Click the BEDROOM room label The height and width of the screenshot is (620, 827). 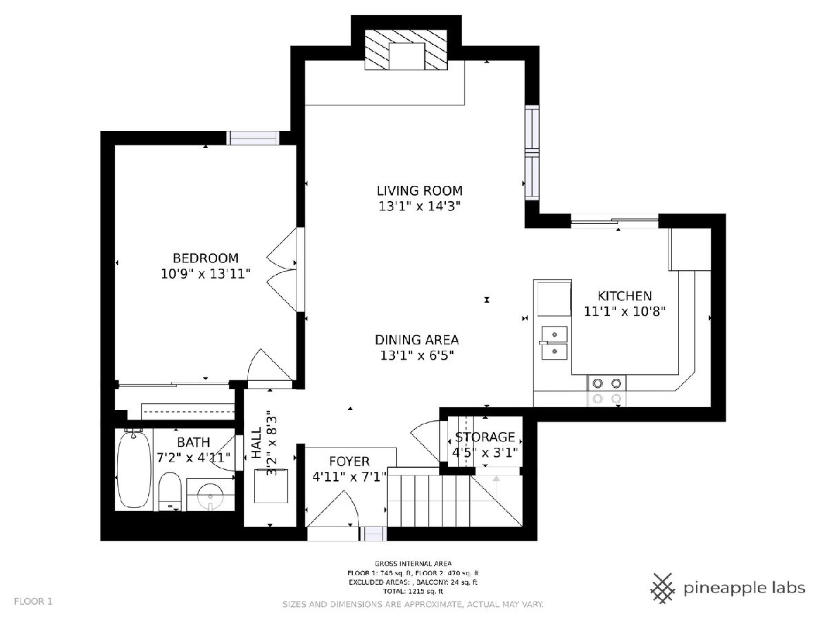[205, 258]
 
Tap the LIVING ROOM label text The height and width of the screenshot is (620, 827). [419, 191]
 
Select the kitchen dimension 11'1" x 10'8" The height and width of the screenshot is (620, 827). [624, 311]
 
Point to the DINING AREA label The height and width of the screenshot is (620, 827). [417, 340]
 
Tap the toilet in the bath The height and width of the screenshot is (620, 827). [170, 491]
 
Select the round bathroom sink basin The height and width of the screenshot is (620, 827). [210, 496]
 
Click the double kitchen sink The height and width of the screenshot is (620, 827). [554, 342]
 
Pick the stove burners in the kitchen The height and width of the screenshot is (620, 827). [606, 391]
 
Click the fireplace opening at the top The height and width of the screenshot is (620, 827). [407, 56]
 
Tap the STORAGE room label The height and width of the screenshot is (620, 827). [485, 437]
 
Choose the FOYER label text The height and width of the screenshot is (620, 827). [349, 461]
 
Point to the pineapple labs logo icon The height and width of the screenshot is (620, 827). [664, 588]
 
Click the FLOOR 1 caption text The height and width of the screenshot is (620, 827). [33, 601]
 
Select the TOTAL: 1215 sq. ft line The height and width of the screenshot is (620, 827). [413, 591]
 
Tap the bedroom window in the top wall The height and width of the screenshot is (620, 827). [253, 138]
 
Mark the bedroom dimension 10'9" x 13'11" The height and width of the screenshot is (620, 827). [205, 273]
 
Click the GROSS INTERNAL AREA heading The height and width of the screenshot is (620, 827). [413, 564]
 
